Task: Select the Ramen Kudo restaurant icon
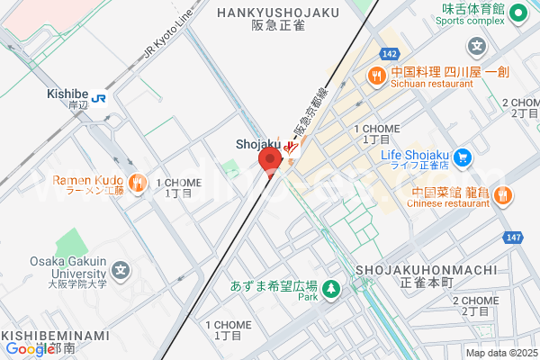pos(137,184)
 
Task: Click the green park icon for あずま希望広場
pos(332,288)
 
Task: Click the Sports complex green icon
pos(517,13)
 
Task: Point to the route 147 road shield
pos(512,238)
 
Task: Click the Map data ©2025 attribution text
pos(499,352)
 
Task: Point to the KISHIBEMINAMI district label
pos(56,337)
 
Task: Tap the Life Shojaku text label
pos(415,155)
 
